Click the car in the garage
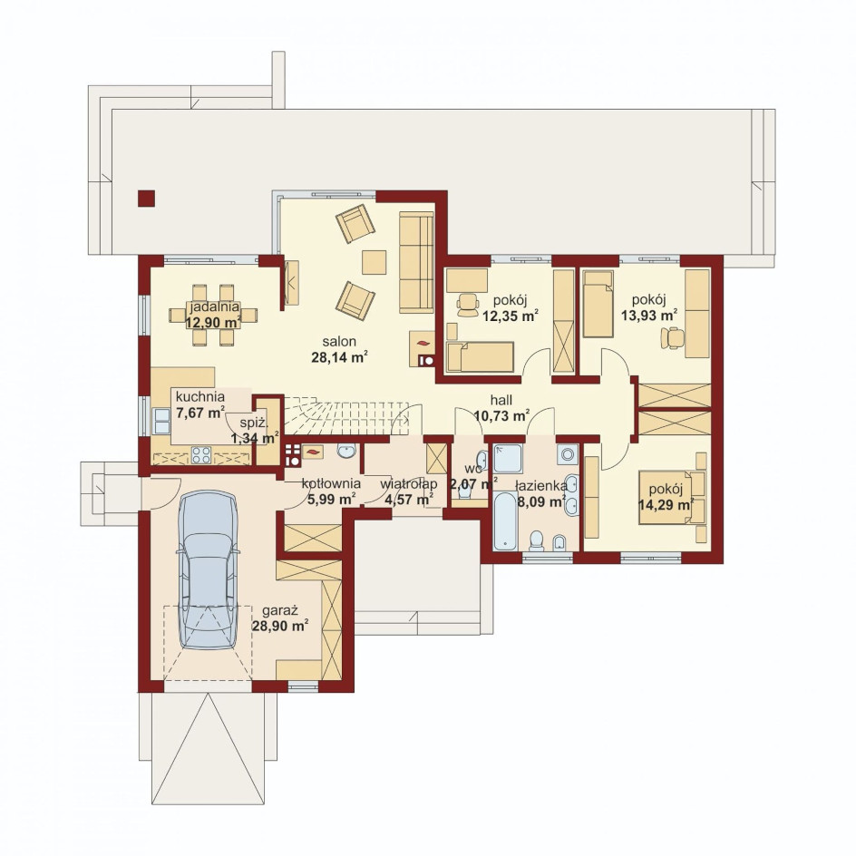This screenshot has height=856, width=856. [208, 569]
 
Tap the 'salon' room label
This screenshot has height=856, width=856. [339, 342]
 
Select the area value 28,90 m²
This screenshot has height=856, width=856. [280, 626]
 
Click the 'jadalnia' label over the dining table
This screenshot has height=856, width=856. [215, 306]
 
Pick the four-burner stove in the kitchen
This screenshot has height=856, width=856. [201, 455]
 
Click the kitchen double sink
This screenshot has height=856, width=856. [161, 421]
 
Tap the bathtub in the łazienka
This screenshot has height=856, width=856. [505, 520]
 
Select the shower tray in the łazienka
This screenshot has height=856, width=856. [508, 459]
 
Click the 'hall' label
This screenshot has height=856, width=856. [501, 400]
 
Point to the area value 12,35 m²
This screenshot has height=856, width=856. [511, 315]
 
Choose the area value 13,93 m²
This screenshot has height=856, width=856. [649, 315]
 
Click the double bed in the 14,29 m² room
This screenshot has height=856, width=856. [672, 497]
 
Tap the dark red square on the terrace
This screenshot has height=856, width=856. [146, 199]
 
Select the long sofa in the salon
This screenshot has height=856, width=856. [416, 263]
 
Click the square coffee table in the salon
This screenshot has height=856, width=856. [374, 262]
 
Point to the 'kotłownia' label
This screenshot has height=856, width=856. [331, 483]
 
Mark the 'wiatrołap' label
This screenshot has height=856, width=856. [409, 483]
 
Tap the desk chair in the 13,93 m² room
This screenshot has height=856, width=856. [673, 337]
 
